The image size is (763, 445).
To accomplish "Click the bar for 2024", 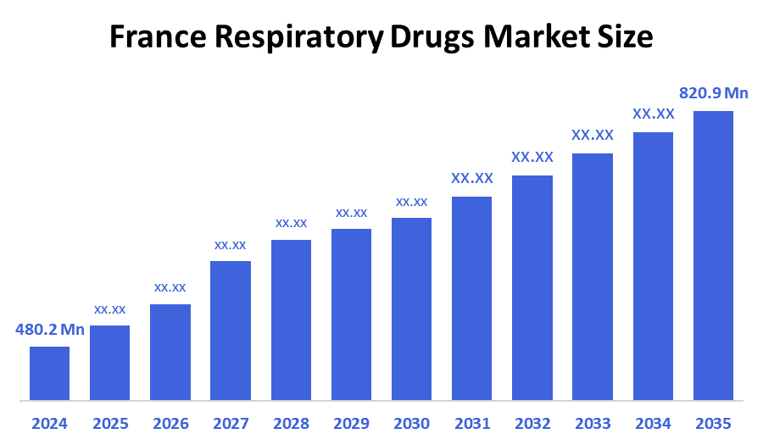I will [x=49, y=373].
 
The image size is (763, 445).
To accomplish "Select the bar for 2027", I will [x=231, y=331].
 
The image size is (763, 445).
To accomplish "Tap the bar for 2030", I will [x=411, y=309].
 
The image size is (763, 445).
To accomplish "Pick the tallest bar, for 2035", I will [x=713, y=255].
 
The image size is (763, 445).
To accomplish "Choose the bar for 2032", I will [x=532, y=287].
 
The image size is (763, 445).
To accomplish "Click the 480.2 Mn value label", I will [x=50, y=330].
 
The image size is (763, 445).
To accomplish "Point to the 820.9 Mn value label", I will [x=713, y=92].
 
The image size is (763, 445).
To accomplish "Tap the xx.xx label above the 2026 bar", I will [x=170, y=287].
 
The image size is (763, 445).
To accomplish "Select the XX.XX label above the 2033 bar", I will [x=593, y=135].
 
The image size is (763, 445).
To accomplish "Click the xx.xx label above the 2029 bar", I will [x=351, y=212].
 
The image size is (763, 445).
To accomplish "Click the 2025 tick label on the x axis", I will [x=109, y=423].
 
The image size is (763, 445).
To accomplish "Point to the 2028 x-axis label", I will [x=291, y=423].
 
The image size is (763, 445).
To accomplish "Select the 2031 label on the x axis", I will [x=471, y=423].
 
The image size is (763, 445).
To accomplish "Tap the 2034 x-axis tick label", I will [x=653, y=423].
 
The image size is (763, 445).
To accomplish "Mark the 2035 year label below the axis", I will [x=713, y=423].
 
